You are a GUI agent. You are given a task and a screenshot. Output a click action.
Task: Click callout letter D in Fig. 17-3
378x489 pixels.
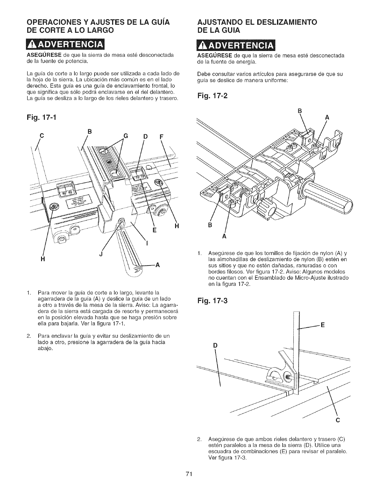[x=215, y=346]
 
